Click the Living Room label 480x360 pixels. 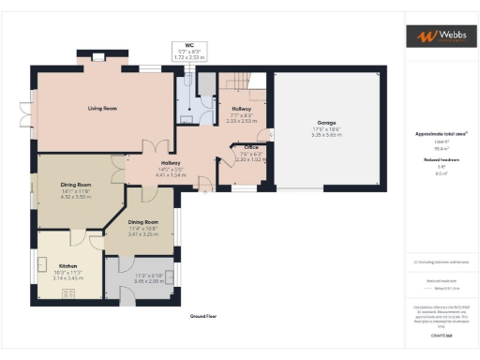pyautogui.click(x=102, y=109)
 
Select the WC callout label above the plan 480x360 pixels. pyautogui.click(x=188, y=45)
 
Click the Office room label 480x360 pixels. pyautogui.click(x=250, y=148)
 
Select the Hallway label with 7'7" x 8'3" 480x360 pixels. pyautogui.click(x=241, y=109)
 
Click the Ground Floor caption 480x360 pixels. pyautogui.click(x=203, y=317)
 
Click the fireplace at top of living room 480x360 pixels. pyautogui.click(x=98, y=59)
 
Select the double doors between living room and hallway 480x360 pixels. pyautogui.click(x=151, y=147)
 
